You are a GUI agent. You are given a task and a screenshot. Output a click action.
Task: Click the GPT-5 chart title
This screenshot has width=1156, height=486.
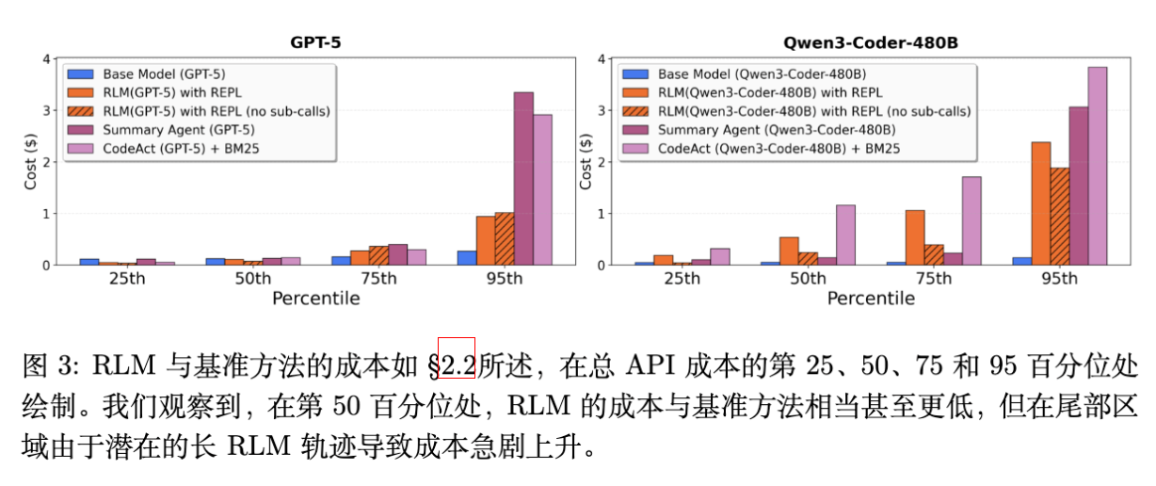pos(315,42)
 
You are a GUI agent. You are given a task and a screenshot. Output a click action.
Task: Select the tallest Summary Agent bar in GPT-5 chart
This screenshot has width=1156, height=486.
pos(523,179)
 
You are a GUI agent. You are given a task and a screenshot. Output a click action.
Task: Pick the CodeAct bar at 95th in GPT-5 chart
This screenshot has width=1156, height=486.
pos(543,189)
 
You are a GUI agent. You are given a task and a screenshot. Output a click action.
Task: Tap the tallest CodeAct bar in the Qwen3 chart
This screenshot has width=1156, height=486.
pos(1098,166)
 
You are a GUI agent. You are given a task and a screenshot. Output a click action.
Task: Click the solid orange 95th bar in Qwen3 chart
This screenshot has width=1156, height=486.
pos(1040,203)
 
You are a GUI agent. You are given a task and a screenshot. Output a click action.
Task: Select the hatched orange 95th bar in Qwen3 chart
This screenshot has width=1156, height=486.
pos(1059,217)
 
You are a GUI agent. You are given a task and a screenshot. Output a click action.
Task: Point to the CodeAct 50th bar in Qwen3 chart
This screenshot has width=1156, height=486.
pos(845,235)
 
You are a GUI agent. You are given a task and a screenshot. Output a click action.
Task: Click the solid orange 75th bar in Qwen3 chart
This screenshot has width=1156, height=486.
pos(914,237)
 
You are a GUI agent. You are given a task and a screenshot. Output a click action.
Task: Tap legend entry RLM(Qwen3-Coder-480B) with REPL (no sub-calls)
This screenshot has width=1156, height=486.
pos(814,111)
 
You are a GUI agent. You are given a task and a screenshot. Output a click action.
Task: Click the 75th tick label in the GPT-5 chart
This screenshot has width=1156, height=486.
pos(378,279)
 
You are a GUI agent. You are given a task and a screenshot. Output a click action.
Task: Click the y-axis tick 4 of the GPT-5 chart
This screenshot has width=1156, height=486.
pos(47,59)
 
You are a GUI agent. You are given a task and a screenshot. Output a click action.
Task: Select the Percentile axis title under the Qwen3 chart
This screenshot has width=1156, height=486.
pos(871,299)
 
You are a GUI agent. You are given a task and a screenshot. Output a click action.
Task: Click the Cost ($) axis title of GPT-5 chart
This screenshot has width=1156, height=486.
pos(30,162)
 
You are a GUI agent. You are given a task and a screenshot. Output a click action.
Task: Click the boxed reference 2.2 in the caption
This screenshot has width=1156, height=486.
pos(458,362)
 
